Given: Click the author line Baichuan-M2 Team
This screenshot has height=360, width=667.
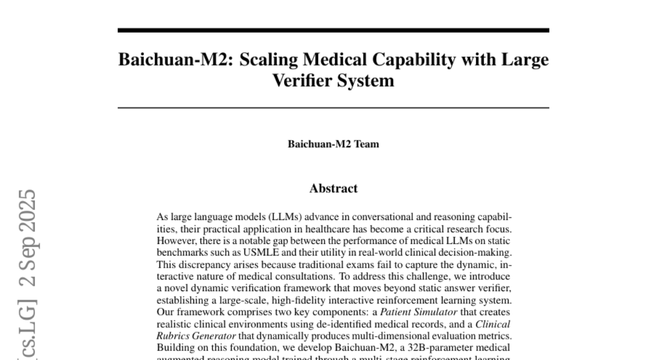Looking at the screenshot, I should point(333,144).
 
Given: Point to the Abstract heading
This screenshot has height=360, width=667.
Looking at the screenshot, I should point(333,188).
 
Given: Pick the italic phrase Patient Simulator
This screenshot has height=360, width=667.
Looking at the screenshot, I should point(418,312).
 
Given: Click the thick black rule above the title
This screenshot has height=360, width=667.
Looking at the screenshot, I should point(333,31).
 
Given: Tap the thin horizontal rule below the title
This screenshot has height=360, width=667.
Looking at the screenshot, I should point(333,107).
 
